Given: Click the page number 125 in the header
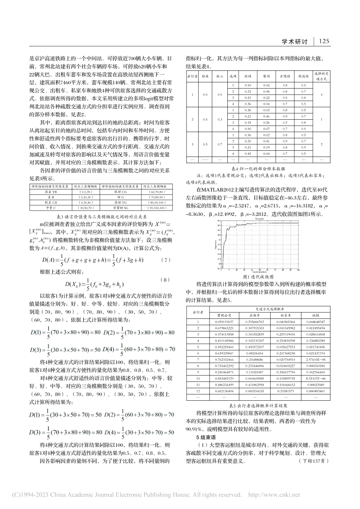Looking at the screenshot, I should [325, 41].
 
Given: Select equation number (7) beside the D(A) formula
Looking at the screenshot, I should [166, 260].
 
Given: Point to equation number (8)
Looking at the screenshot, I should [166, 279].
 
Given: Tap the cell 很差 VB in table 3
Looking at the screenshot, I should [49, 192].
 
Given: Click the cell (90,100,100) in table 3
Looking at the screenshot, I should [157, 208].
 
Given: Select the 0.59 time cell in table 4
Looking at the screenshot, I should [248, 86].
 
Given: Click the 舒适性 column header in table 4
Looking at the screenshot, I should [303, 76].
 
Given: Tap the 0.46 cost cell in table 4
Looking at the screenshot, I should [266, 116].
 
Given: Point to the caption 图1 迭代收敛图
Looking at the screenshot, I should [258, 277].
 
